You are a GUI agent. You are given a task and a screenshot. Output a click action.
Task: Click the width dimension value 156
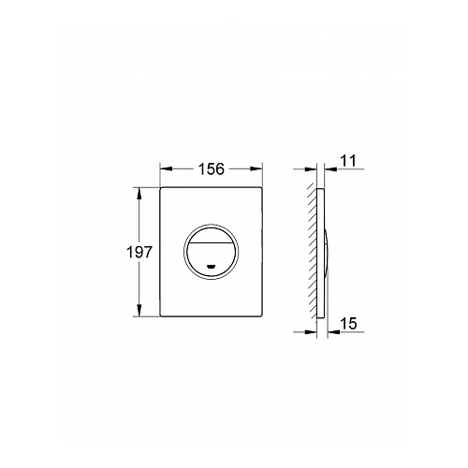pyautogui.click(x=212, y=168)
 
